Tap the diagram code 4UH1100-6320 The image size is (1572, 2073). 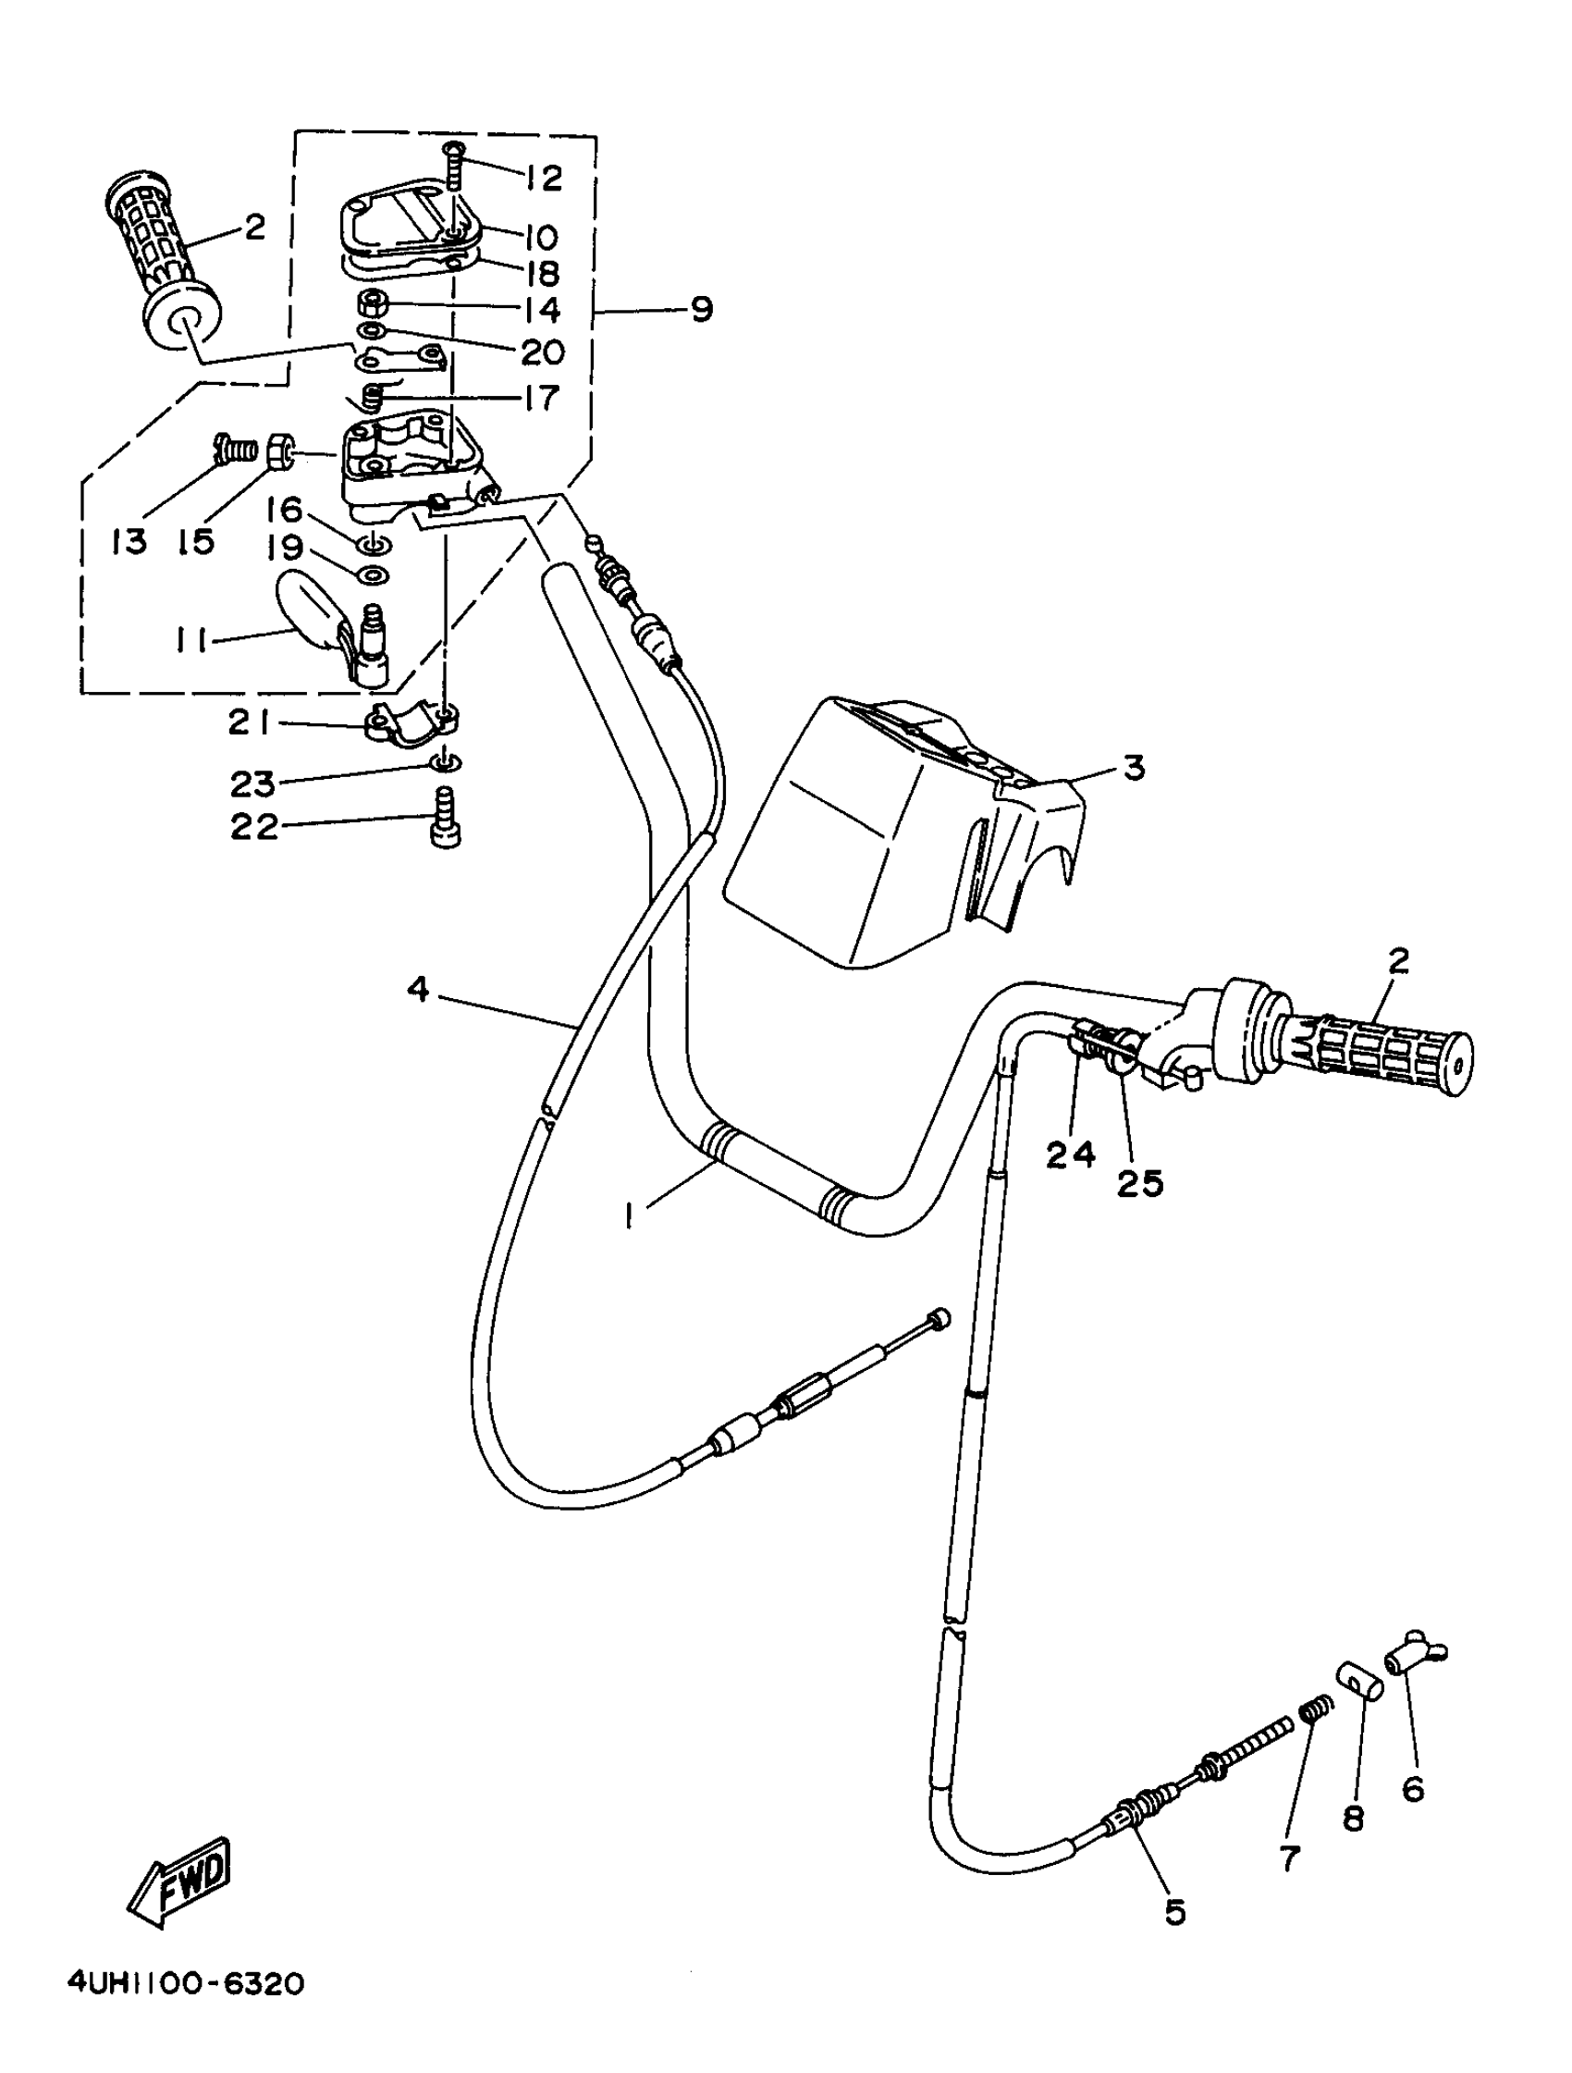(186, 1984)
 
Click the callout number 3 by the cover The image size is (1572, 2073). (1134, 768)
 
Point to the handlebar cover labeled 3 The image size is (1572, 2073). (900, 834)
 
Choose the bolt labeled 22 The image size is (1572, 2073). (446, 819)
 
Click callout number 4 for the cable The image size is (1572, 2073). (418, 988)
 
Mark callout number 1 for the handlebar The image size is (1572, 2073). (630, 1216)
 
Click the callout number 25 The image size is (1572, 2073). (1139, 1183)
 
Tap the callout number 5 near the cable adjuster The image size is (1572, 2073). (1174, 1911)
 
